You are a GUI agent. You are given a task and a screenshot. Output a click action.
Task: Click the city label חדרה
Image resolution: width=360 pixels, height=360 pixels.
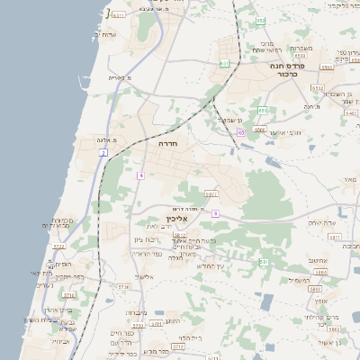point(168,143)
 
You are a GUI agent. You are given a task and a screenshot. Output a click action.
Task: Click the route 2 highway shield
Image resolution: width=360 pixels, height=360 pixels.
point(103,154)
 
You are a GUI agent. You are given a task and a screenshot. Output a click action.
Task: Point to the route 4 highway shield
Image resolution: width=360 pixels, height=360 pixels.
point(140,175)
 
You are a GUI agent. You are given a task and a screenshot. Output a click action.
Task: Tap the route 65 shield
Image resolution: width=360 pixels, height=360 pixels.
point(241,132)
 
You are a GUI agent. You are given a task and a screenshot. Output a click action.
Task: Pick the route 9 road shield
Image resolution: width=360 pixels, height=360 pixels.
point(215,213)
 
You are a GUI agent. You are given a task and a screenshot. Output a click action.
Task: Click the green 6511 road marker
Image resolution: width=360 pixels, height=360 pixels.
point(119,14)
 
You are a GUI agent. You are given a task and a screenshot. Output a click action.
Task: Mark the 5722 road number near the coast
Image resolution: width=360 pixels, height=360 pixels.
point(59,245)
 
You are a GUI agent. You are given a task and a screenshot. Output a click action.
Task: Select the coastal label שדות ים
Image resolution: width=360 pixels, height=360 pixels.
point(105,34)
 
